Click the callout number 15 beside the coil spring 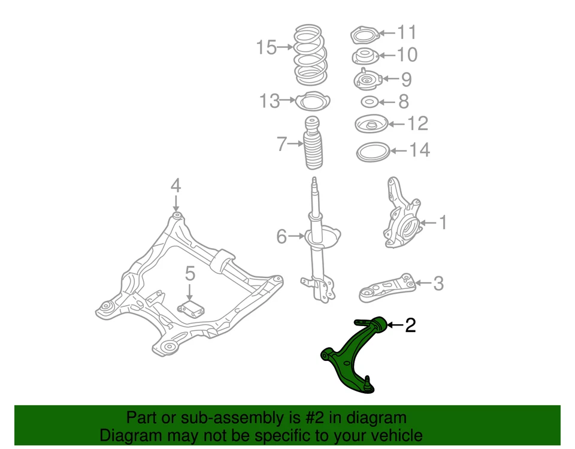[x=267, y=47]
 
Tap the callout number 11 [x=407, y=32]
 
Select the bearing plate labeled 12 [x=371, y=125]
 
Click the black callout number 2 [x=410, y=325]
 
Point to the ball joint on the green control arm [x=367, y=384]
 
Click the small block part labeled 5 [x=191, y=310]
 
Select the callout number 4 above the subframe [x=175, y=185]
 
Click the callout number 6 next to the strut [x=282, y=237]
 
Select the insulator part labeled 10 [x=364, y=57]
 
